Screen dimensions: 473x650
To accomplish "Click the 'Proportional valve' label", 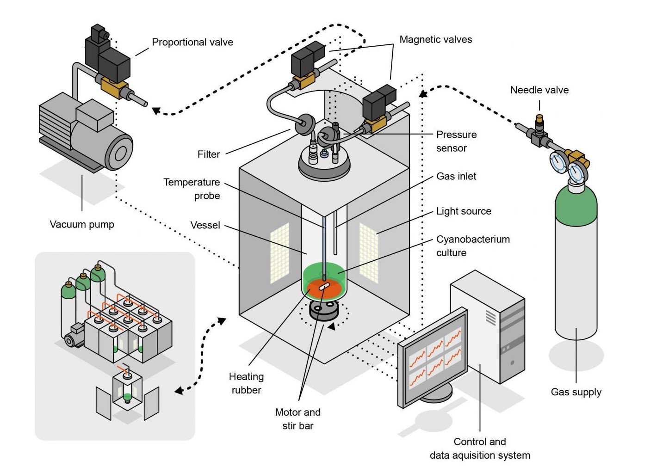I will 192,42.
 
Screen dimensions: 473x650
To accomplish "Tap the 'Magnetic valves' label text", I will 435,39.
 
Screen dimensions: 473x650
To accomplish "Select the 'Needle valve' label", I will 539,90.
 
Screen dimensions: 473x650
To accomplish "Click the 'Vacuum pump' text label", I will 82,224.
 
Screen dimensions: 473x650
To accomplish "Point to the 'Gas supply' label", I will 576,392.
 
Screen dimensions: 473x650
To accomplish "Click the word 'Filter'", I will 209,154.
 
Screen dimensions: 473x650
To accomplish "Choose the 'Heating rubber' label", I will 246,383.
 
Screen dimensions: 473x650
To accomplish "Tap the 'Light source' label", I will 464,211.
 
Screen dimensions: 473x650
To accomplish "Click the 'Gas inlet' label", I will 456,176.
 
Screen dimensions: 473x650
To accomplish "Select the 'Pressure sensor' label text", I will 456,141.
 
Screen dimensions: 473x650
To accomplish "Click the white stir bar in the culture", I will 324,287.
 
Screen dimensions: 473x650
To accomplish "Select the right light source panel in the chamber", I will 369,252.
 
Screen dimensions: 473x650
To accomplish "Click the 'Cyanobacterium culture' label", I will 472,246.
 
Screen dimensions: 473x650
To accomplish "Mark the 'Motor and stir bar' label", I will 297,418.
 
